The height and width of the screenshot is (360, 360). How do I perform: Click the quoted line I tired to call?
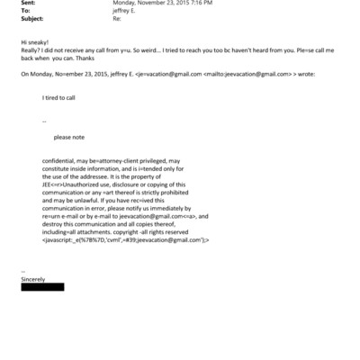tap(59, 95)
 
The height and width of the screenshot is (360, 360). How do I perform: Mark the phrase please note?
tap(68, 138)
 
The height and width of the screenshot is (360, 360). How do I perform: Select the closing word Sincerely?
tap(32, 280)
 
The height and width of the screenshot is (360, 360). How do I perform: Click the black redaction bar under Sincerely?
tap(42, 288)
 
